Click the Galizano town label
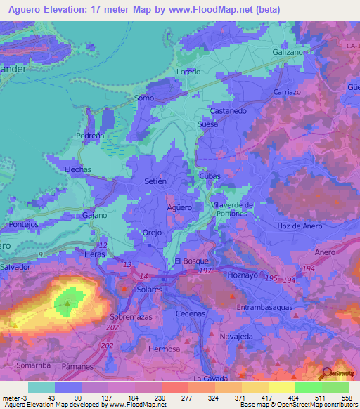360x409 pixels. click(288, 53)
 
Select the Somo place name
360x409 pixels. click(144, 98)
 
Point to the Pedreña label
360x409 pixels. click(89, 136)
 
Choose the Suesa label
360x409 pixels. click(208, 124)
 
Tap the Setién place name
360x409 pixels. click(155, 181)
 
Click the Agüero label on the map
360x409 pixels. click(179, 208)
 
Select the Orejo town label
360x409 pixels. click(152, 233)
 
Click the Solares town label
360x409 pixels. click(150, 290)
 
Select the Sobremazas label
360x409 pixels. click(131, 318)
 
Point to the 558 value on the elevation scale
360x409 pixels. click(347, 398)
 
